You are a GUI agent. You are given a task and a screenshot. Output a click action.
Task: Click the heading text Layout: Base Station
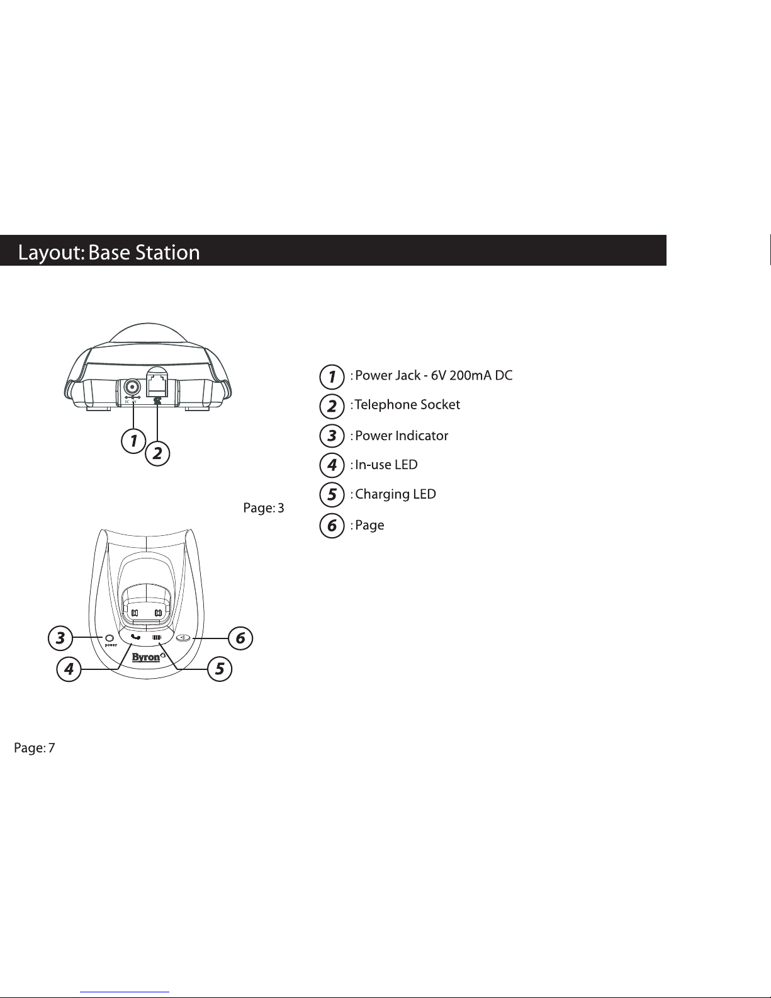click(x=109, y=252)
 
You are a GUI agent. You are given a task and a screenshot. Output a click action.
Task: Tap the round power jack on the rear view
click(x=133, y=387)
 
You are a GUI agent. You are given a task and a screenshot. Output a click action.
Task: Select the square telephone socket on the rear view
click(x=157, y=385)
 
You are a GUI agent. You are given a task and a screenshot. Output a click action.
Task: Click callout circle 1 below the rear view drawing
click(x=133, y=441)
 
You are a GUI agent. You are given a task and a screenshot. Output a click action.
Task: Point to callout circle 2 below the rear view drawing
click(x=157, y=454)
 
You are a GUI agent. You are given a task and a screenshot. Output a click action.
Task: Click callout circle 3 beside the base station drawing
click(x=60, y=637)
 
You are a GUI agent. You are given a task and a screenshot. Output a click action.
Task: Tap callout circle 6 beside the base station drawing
click(x=240, y=637)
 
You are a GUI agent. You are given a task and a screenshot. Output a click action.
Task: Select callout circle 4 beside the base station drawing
click(x=69, y=669)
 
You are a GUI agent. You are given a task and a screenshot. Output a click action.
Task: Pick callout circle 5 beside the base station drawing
click(x=220, y=669)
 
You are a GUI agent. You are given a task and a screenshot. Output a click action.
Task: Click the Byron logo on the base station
click(x=146, y=657)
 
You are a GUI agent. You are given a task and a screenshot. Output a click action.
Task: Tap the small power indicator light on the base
click(x=110, y=638)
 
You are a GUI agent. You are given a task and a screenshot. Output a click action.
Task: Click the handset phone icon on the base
click(x=135, y=637)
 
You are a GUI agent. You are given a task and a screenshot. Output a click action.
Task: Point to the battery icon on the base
click(x=157, y=637)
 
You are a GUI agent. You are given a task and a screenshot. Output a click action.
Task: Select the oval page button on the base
click(x=184, y=637)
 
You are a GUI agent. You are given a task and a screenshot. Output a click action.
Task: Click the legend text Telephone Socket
click(x=408, y=405)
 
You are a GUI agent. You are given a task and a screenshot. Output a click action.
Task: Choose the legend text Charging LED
click(x=396, y=495)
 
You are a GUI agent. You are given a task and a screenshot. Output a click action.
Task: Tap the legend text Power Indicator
click(x=402, y=435)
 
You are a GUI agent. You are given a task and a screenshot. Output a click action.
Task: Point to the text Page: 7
click(x=35, y=748)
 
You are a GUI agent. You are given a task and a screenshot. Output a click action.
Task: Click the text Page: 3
click(x=264, y=508)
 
